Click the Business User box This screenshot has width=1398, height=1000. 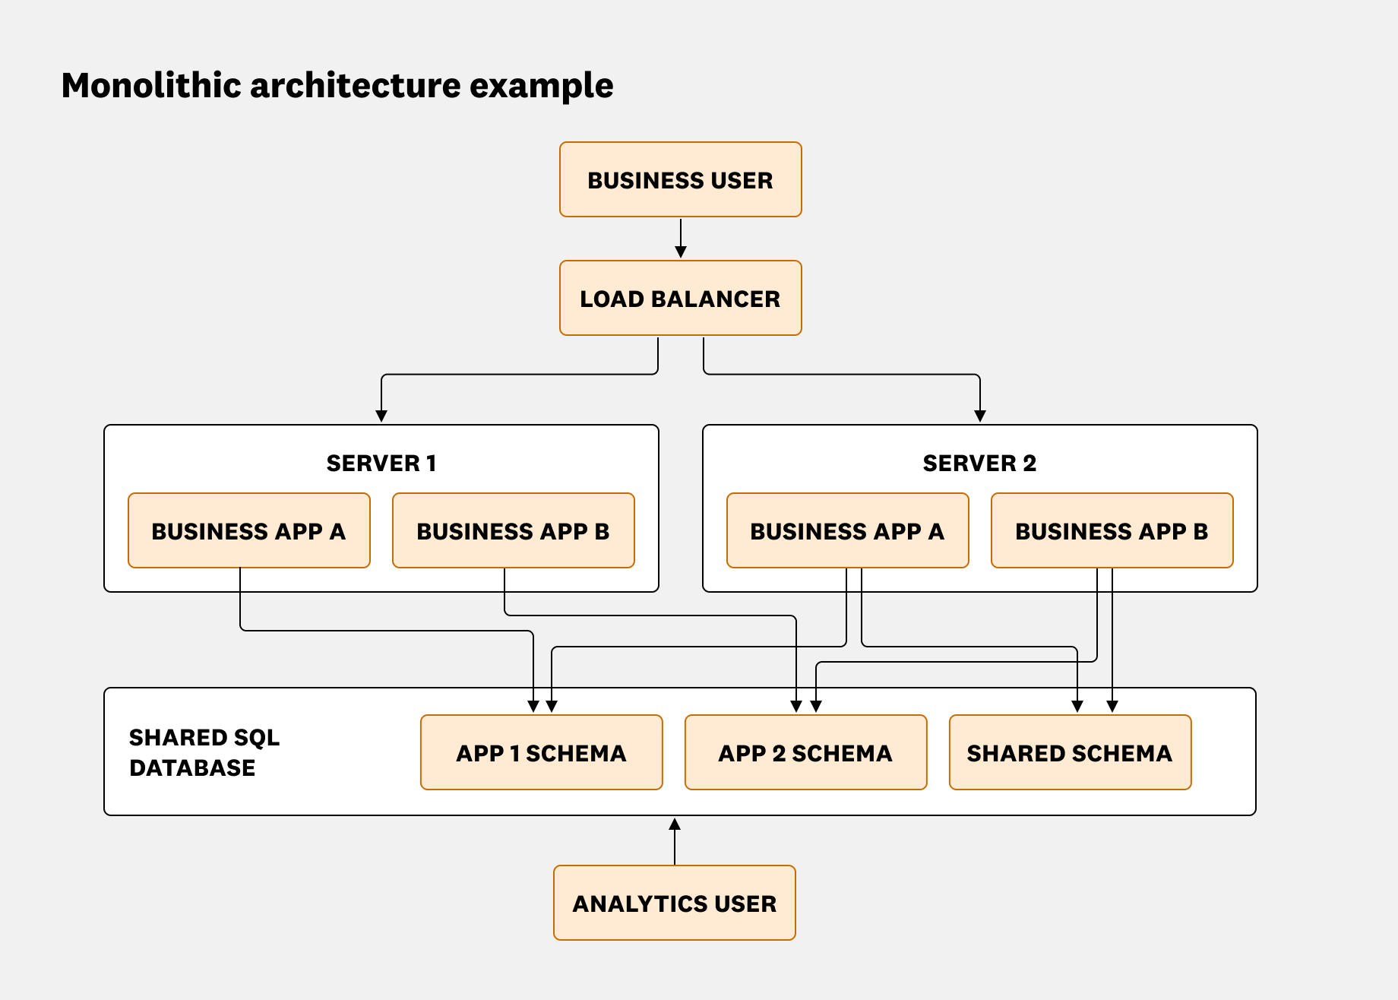680,180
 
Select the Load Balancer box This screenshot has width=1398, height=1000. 680,299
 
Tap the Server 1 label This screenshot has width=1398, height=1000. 381,464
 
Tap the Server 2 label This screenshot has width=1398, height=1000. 979,464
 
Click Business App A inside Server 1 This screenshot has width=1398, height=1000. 248,531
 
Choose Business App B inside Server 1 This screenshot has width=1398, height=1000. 513,531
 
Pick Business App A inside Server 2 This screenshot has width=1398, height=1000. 847,531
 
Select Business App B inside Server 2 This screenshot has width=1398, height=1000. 1112,531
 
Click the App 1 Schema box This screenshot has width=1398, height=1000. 541,753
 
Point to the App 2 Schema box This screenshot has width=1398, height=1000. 805,753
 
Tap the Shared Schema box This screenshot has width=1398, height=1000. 1070,753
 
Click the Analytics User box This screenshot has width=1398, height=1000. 674,903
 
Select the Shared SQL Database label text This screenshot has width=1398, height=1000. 204,752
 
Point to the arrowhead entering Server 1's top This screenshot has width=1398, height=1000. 381,416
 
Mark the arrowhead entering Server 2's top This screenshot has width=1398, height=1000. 980,416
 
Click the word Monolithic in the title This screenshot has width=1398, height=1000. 151,85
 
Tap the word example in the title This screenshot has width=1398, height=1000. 541,85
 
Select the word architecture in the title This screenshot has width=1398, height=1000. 355,85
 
